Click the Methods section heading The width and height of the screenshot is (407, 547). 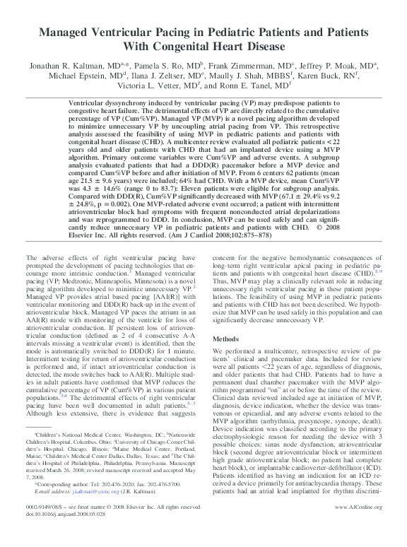tap(228, 319)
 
